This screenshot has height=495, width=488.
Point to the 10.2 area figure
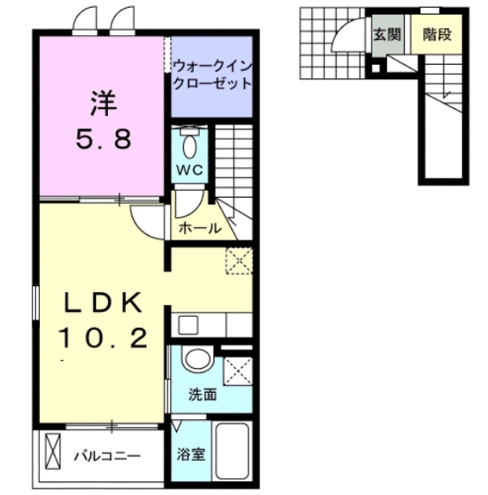103,338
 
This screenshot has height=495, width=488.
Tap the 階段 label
436,35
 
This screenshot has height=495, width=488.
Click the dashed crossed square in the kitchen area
239,261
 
